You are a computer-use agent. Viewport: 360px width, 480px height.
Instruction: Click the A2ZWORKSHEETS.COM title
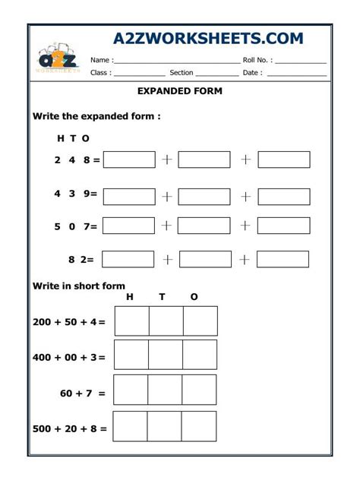coord(208,38)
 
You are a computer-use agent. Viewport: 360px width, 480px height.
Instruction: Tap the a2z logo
coord(57,59)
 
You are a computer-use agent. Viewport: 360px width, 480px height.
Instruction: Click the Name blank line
coord(176,61)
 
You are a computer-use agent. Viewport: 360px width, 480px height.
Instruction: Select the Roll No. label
coord(257,59)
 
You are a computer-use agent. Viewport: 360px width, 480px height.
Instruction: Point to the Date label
coord(252,73)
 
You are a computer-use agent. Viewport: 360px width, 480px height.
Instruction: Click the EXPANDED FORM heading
coord(179,91)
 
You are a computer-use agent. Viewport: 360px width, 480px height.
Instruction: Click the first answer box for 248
coord(128,159)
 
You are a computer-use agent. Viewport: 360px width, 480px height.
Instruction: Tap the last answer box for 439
coord(283,196)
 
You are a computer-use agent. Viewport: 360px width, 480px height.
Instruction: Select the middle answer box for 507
coord(205,226)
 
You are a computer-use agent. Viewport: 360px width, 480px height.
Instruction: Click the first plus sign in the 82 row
coord(167,259)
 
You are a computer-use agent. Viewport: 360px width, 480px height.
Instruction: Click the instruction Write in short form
coord(78,286)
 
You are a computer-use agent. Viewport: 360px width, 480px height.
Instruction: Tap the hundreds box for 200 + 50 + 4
coord(131,321)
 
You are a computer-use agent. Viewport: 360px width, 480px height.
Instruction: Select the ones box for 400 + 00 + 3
coord(200,355)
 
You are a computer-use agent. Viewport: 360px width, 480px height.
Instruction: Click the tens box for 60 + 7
coord(165,390)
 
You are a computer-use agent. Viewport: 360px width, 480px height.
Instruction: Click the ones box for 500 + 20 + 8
coord(199,427)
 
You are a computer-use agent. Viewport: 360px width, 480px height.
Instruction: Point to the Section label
coord(182,73)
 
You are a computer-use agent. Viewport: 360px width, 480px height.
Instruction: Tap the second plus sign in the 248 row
coord(245,159)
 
